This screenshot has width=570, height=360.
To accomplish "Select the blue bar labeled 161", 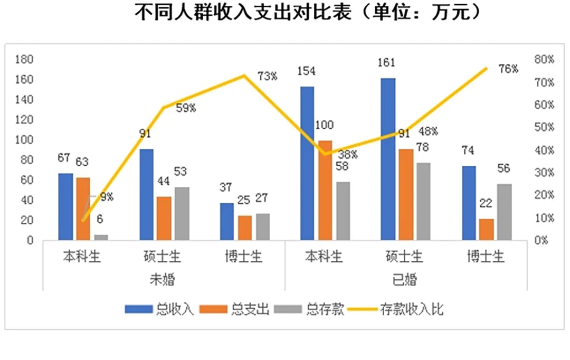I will click(388, 159).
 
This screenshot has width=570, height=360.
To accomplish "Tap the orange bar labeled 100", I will click(325, 190).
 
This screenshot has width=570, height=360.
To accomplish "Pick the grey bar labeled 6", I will click(100, 238).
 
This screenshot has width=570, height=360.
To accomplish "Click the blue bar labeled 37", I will click(227, 221).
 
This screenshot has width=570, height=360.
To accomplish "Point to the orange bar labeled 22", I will click(487, 229).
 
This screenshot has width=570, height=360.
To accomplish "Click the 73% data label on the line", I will click(268, 77).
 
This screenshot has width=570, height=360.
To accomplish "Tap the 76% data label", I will click(508, 69).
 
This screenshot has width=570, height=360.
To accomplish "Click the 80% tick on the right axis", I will click(544, 60).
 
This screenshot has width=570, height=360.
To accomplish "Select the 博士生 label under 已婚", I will click(486, 257).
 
